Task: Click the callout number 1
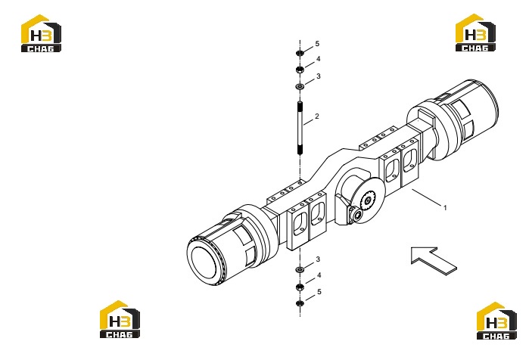click(445, 208)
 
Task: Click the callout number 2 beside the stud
click(317, 116)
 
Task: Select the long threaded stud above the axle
click(300, 128)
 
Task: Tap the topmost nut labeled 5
click(300, 53)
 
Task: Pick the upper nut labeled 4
click(300, 70)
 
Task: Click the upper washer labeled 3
click(300, 87)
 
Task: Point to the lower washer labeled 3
click(300, 269)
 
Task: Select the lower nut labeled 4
click(300, 287)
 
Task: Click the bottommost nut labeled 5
click(300, 303)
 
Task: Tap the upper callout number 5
click(317, 44)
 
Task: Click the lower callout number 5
click(319, 292)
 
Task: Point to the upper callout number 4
click(318, 59)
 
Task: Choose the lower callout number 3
click(318, 259)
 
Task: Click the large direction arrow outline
click(434, 260)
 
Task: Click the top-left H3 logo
click(41, 33)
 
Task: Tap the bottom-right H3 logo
click(496, 321)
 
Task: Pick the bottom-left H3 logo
click(120, 319)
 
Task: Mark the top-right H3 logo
click(475, 33)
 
